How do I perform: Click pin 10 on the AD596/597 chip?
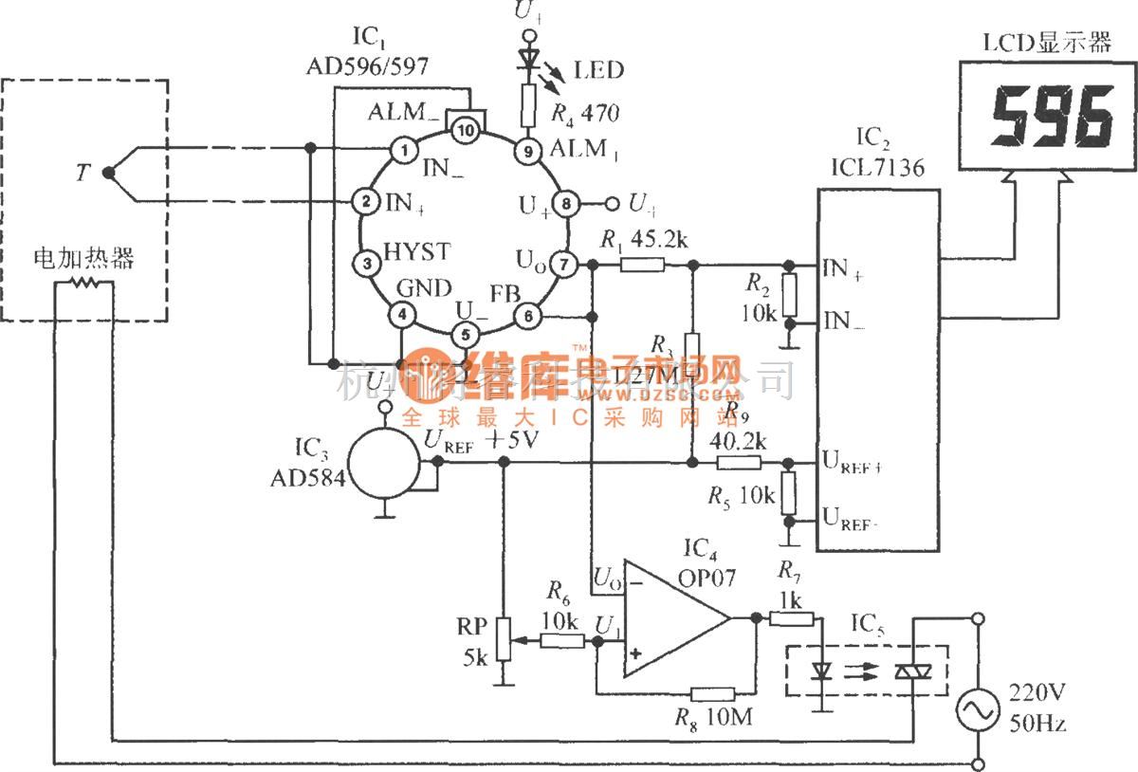(465, 131)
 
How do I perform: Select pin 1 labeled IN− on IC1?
(405, 149)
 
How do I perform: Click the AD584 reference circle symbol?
(383, 462)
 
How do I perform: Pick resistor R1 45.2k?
(642, 265)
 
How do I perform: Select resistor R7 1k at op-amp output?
(790, 619)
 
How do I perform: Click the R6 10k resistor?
(563, 641)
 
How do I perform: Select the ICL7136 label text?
(877, 169)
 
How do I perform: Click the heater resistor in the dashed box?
(85, 283)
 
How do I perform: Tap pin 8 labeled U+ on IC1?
(566, 203)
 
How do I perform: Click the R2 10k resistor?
(788, 296)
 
